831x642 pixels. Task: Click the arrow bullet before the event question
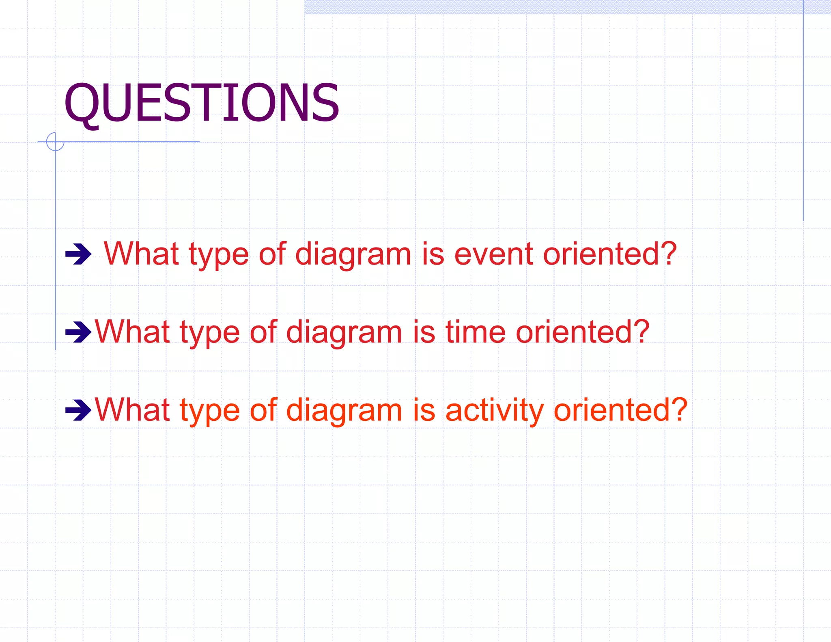tap(78, 254)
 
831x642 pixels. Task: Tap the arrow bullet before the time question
tap(78, 332)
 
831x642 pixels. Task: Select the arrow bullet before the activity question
tap(78, 410)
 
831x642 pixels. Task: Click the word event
tap(493, 254)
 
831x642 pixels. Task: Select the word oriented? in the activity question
tap(620, 410)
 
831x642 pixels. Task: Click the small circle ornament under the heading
tap(55, 142)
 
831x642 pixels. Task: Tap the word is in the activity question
tap(424, 410)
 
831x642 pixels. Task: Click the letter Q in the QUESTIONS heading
tap(82, 103)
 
